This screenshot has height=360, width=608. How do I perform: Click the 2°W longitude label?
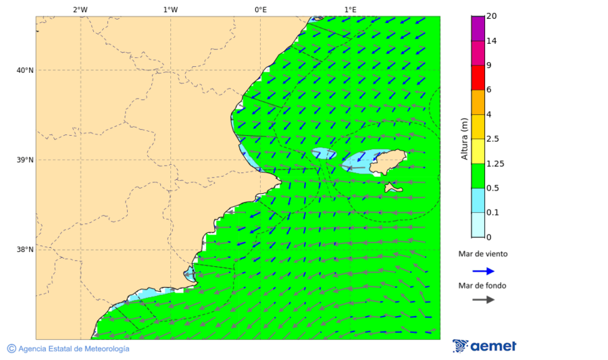click(x=80, y=9)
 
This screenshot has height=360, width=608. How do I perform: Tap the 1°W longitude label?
click(x=170, y=9)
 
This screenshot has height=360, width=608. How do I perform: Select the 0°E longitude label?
click(x=260, y=9)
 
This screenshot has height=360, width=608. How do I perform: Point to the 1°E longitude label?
click(x=350, y=9)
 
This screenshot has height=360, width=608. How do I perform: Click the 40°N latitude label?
click(x=25, y=70)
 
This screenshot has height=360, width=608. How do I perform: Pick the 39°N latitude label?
click(x=25, y=160)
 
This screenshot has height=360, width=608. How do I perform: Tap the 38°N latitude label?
click(x=25, y=250)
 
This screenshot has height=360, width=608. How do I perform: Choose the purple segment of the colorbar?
click(x=478, y=28)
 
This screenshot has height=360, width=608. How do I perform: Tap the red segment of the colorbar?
click(x=478, y=78)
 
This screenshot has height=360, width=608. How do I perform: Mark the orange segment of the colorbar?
click(x=478, y=102)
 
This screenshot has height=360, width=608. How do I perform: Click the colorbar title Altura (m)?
click(x=464, y=138)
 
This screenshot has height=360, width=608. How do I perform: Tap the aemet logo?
click(x=484, y=346)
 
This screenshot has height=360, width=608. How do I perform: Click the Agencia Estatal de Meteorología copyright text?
click(x=68, y=349)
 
